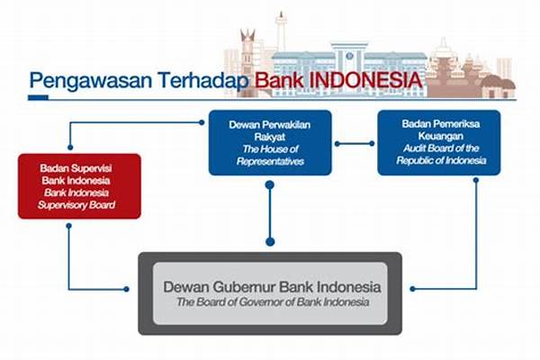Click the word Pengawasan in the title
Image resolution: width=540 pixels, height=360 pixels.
91,81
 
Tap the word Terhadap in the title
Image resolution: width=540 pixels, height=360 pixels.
203,80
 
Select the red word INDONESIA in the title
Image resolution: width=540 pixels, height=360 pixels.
365,80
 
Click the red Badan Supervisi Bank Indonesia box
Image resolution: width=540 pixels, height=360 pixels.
79,186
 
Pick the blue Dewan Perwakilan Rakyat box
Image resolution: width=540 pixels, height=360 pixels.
270,143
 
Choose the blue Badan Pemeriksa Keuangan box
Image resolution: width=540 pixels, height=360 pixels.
439,142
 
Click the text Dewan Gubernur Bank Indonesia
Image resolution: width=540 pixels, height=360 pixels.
272,287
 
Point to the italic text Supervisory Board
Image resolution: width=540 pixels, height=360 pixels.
76,205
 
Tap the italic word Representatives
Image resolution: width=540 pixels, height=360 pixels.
270,162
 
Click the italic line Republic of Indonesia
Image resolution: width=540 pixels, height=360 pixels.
441,160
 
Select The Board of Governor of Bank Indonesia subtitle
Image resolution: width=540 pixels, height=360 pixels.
273,302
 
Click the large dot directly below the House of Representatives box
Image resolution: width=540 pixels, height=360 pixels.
270,185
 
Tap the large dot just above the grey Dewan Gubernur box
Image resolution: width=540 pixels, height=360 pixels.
270,241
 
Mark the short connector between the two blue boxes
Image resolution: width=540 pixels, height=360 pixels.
355,144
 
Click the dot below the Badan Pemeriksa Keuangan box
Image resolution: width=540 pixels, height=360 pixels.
476,180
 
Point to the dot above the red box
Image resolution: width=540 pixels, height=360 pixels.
70,148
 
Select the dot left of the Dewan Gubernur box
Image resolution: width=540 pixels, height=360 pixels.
126,289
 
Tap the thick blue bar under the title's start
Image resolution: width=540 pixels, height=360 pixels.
38,98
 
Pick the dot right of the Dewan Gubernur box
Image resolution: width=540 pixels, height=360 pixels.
412,289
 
